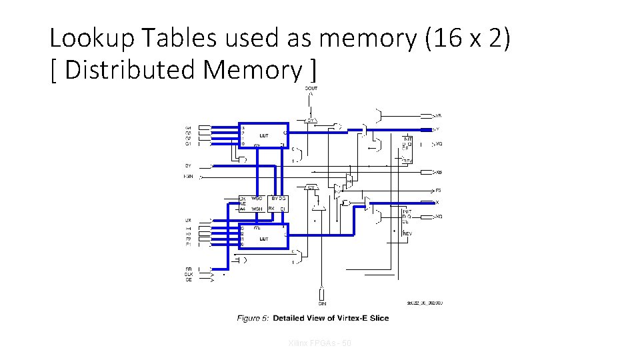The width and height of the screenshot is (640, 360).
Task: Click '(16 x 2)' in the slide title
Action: (467, 39)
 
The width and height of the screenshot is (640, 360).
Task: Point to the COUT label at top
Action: (311, 89)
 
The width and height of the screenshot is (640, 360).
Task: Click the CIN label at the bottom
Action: (322, 303)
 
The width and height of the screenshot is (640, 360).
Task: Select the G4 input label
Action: (189, 127)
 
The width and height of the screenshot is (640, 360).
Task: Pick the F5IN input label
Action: (189, 177)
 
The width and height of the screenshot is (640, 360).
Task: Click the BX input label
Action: (189, 220)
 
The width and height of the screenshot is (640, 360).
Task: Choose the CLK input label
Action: (189, 274)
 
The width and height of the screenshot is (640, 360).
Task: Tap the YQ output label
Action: (438, 143)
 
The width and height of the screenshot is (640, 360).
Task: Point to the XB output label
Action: (438, 173)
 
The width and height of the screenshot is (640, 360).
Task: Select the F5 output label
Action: (438, 191)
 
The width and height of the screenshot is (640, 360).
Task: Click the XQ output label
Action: (438, 217)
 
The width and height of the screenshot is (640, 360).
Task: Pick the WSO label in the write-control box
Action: (257, 199)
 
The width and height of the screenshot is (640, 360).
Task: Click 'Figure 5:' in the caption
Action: (253, 318)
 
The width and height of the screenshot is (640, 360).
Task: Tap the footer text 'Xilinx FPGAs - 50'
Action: (320, 343)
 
